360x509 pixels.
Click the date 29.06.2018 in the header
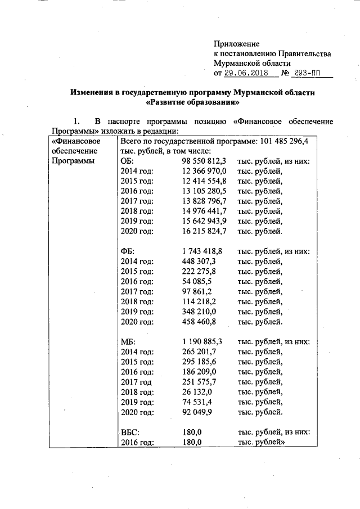click(x=247, y=74)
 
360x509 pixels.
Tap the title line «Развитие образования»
click(x=192, y=103)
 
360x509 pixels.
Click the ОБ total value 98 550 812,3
click(x=204, y=161)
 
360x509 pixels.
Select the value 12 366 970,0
click(x=204, y=171)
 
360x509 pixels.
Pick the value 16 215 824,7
click(x=204, y=231)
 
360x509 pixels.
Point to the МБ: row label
click(x=128, y=342)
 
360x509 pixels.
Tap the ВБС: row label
click(x=130, y=433)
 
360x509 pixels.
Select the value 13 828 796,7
click(x=204, y=201)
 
